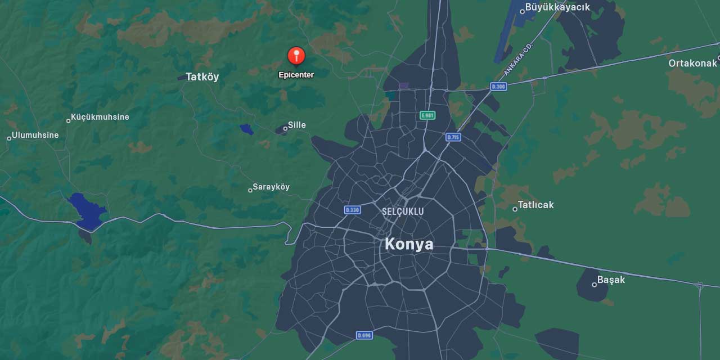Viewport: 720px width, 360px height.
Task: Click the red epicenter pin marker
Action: [x=296, y=56]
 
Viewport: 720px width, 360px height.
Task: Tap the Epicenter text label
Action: [x=296, y=75]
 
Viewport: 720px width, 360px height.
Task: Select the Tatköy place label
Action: [x=202, y=77]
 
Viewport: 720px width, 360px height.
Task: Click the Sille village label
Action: [x=296, y=125]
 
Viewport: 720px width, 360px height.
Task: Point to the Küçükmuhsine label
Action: [x=100, y=117]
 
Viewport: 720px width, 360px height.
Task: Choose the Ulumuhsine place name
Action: [x=35, y=135]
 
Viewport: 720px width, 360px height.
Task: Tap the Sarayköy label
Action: [x=271, y=187]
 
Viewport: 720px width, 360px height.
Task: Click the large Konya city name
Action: [x=409, y=244]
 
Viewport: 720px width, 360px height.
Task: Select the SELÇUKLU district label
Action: [x=403, y=211]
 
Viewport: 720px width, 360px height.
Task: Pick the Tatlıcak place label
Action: [x=535, y=205]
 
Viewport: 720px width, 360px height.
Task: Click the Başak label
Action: [x=611, y=280]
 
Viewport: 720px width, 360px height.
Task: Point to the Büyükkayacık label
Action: [x=557, y=7]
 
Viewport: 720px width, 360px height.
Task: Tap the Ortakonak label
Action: [x=692, y=63]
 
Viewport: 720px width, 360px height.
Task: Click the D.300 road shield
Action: [x=498, y=87]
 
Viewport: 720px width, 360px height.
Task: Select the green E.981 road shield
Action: [x=427, y=115]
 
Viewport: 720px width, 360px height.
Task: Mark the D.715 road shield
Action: [x=453, y=137]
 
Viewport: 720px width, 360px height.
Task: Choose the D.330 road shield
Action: [x=352, y=210]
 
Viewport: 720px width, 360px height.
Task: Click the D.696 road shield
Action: [x=364, y=335]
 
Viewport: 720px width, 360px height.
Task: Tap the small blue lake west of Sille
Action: [x=246, y=129]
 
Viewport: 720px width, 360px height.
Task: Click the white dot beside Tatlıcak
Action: [x=515, y=209]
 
